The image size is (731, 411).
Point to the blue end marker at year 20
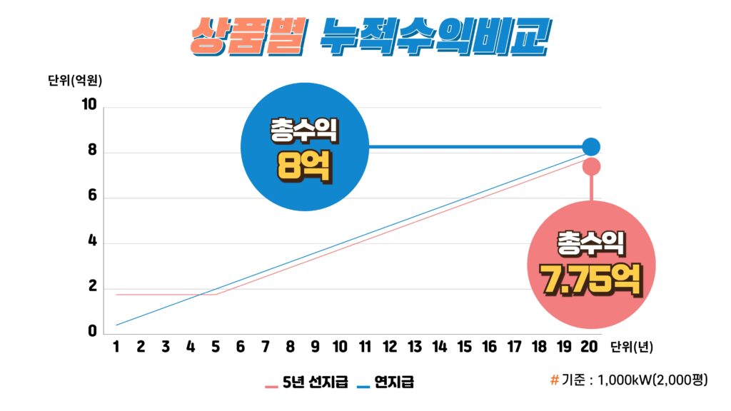click(591, 147)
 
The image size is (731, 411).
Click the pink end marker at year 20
click(591, 166)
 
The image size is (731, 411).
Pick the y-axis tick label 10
click(89, 105)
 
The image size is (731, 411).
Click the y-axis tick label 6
click(92, 198)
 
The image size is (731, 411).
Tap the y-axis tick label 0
click(92, 331)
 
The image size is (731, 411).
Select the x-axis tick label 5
click(216, 347)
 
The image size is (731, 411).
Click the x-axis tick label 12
click(390, 347)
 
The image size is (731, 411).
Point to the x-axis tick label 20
click(589, 347)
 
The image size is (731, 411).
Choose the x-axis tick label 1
click(116, 347)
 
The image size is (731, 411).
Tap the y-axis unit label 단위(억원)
click(75, 80)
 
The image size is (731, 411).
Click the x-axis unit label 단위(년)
click(631, 347)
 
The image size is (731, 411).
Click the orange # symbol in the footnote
click(555, 380)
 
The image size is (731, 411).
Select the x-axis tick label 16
click(489, 347)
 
